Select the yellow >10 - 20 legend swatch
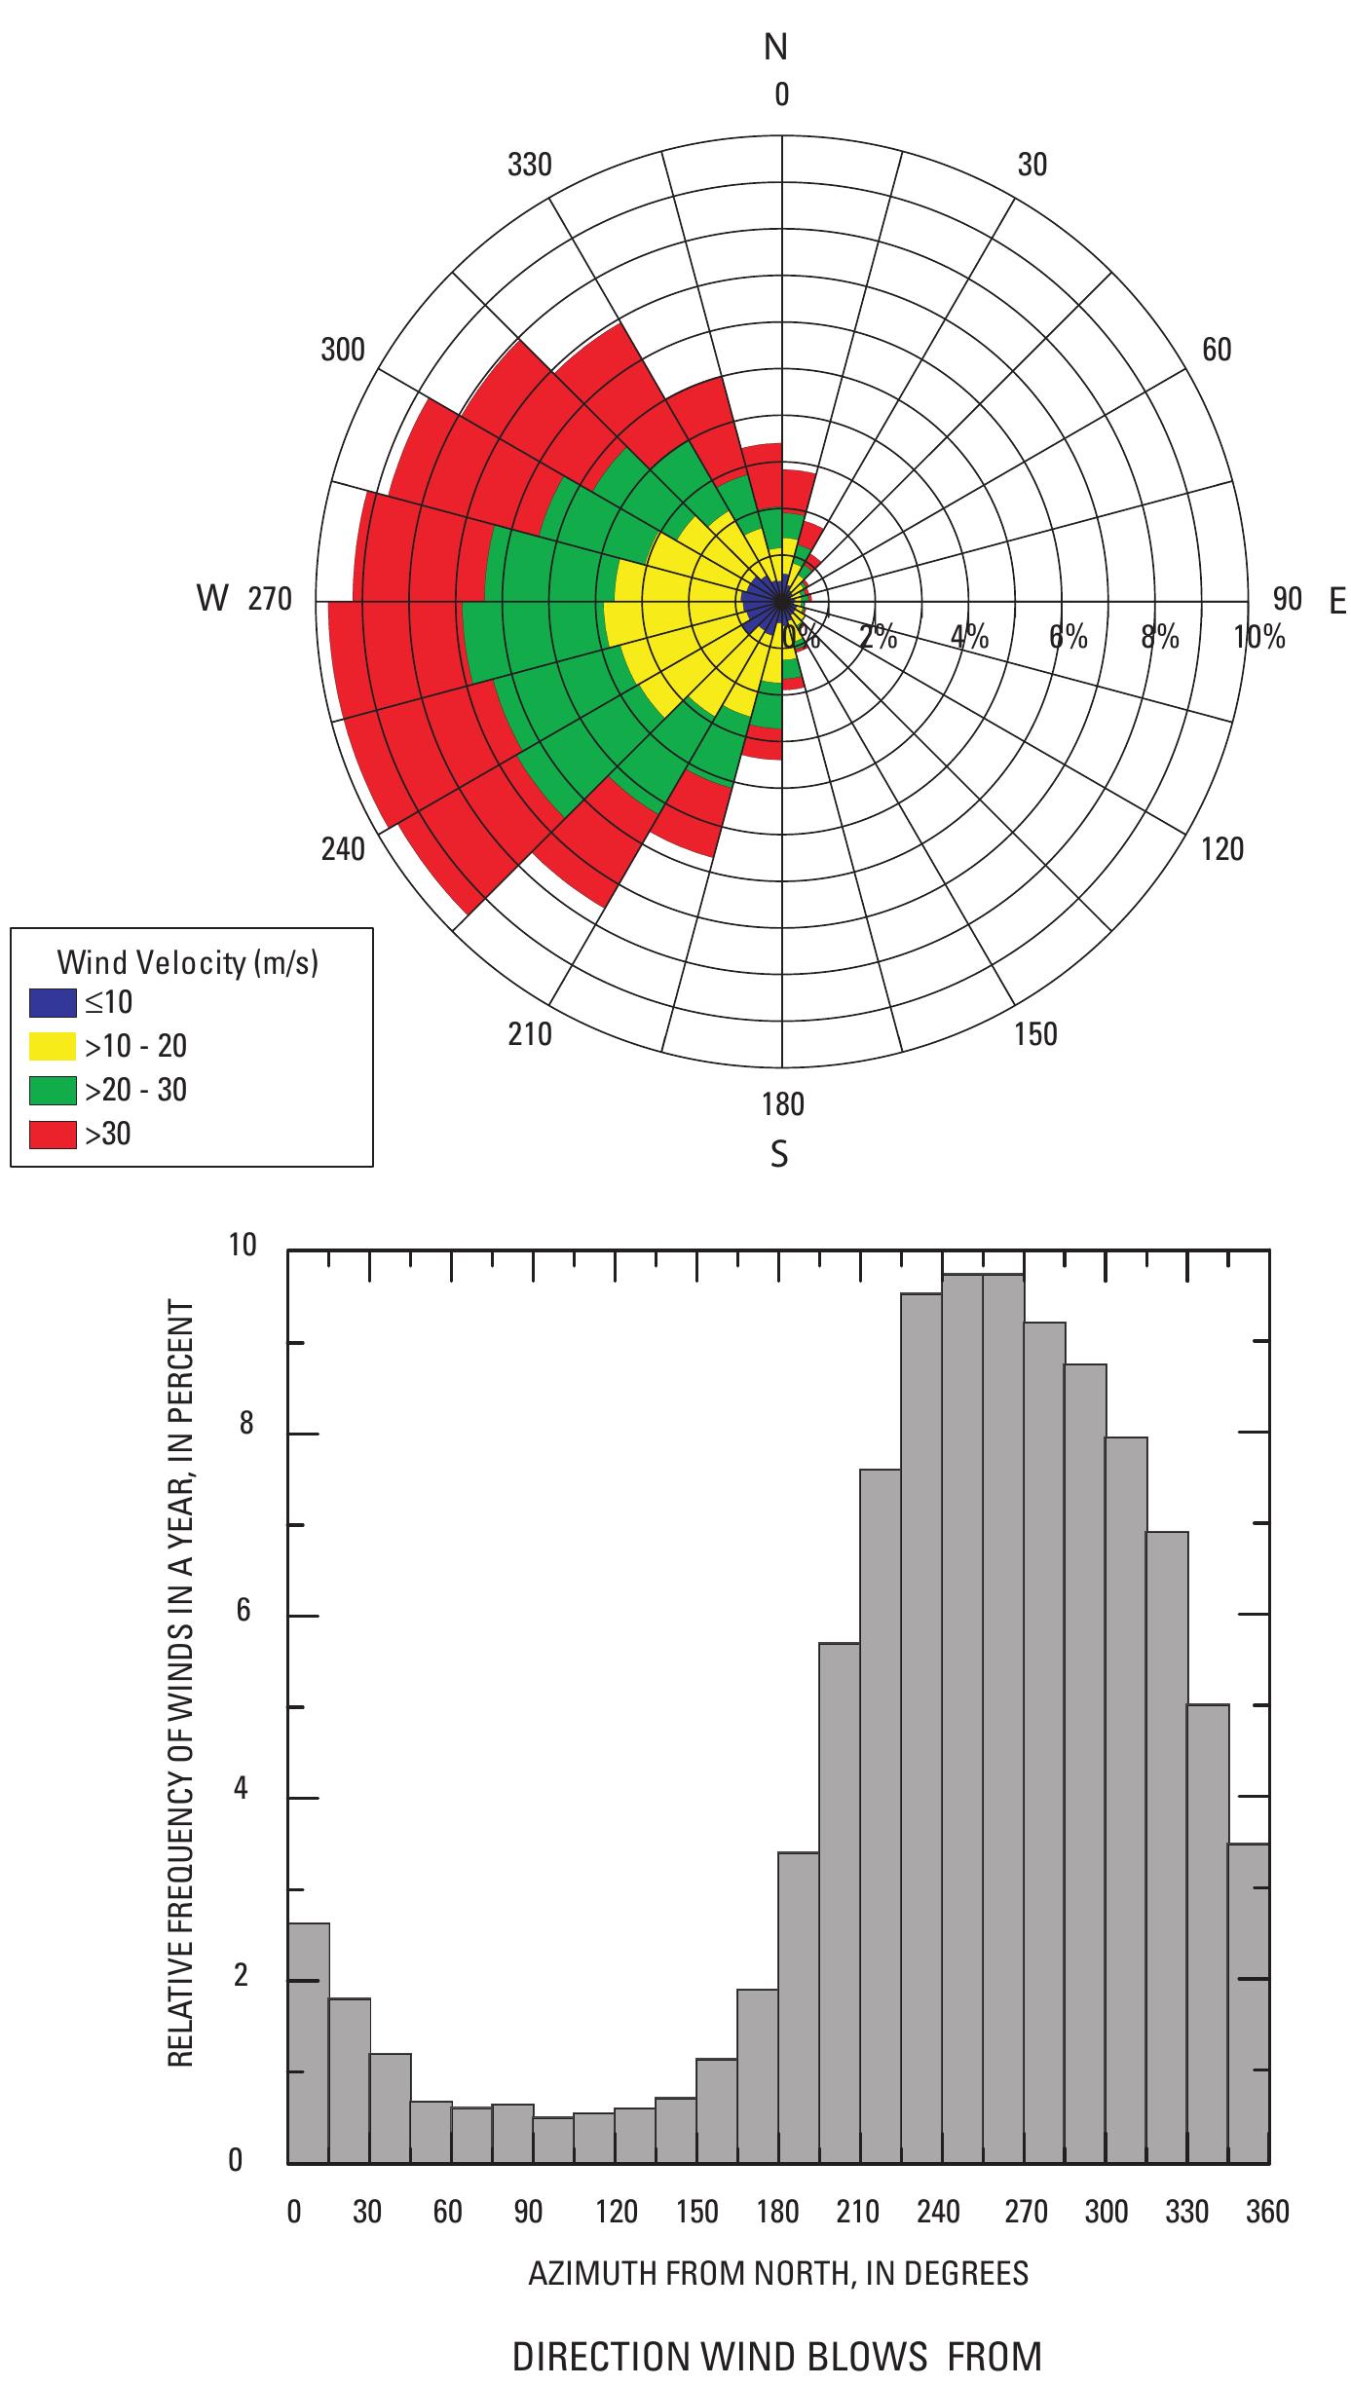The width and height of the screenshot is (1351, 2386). click(x=53, y=1047)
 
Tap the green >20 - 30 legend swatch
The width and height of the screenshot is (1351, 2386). click(x=53, y=1090)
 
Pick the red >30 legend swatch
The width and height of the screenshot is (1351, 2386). click(x=53, y=1134)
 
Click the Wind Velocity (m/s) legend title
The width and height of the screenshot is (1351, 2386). click(x=188, y=963)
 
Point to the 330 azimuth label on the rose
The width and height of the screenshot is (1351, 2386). click(x=529, y=166)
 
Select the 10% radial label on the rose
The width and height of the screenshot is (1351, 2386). click(x=1258, y=638)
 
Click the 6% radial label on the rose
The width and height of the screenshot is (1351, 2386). click(x=1068, y=638)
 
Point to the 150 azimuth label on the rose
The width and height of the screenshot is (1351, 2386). click(x=1034, y=1034)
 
